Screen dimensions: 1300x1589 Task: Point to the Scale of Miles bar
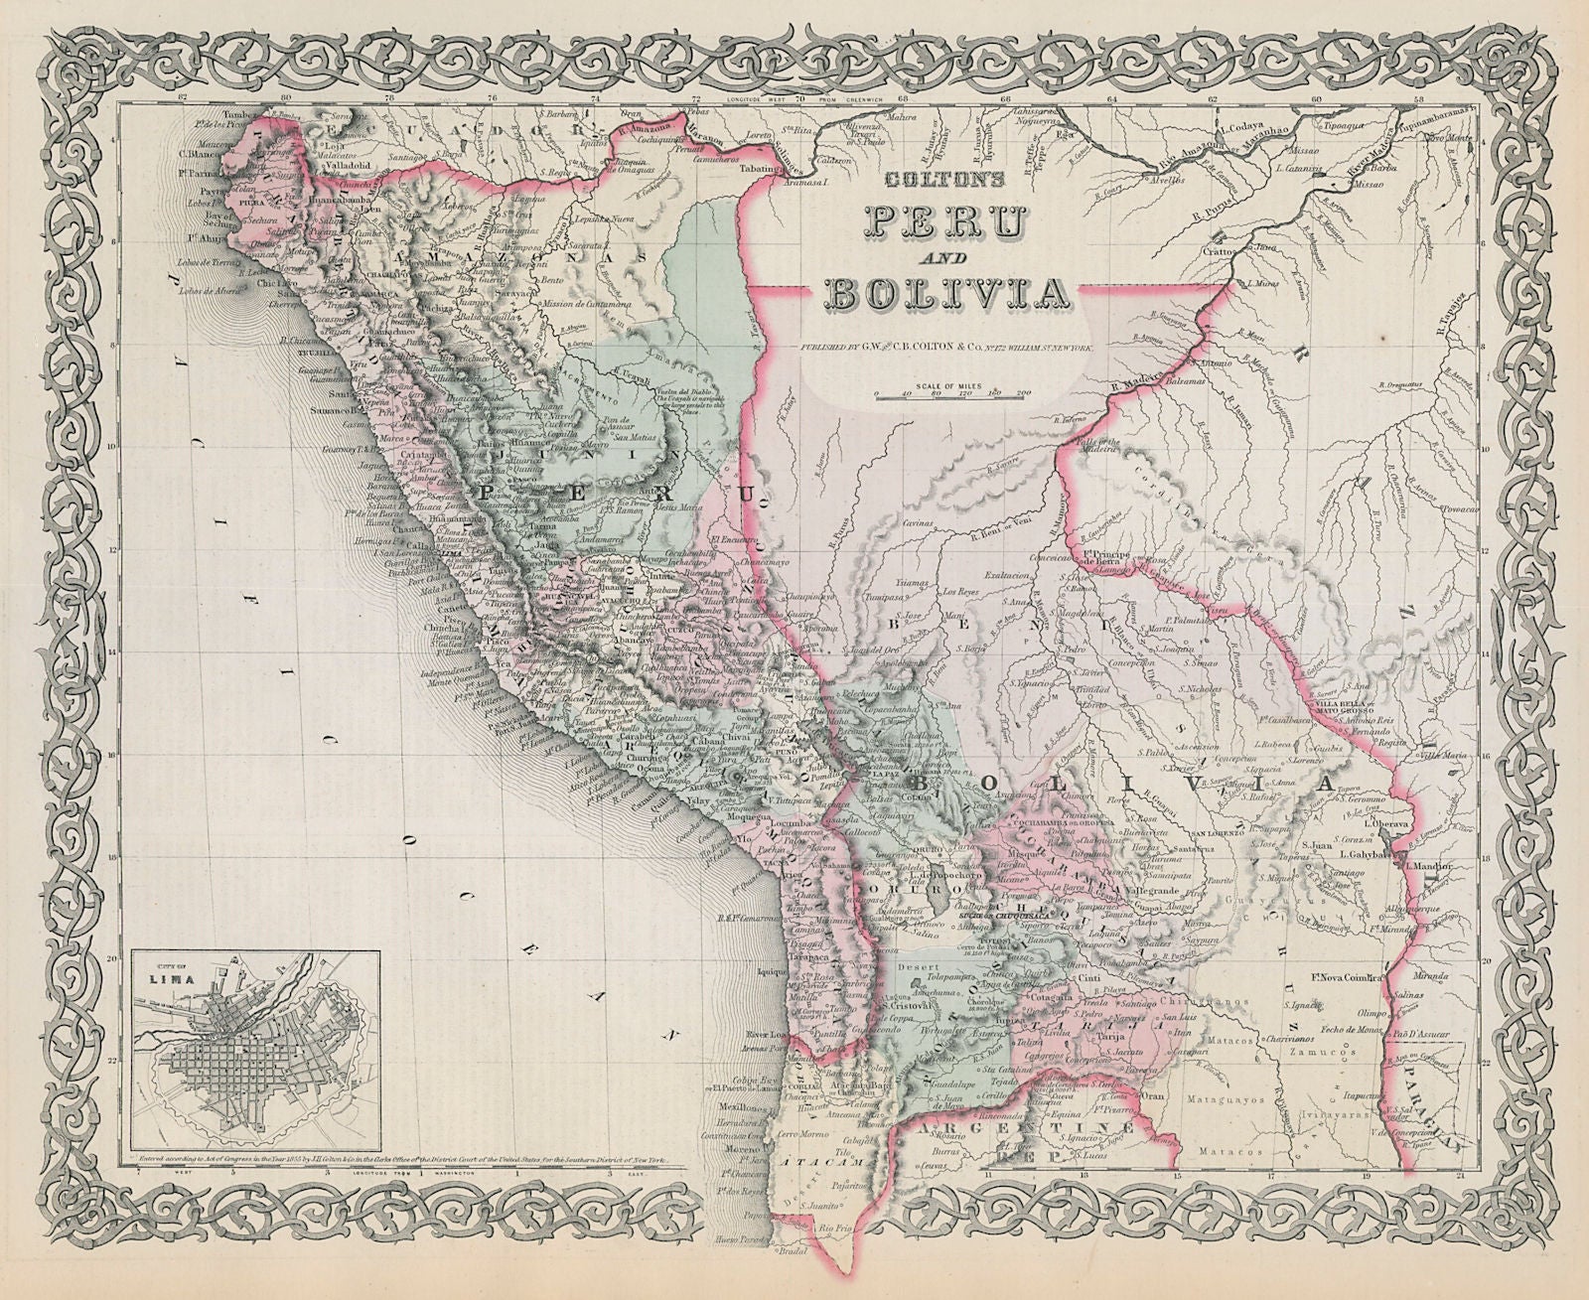coord(953,393)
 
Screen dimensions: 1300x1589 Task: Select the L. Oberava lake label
coord(1388,823)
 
